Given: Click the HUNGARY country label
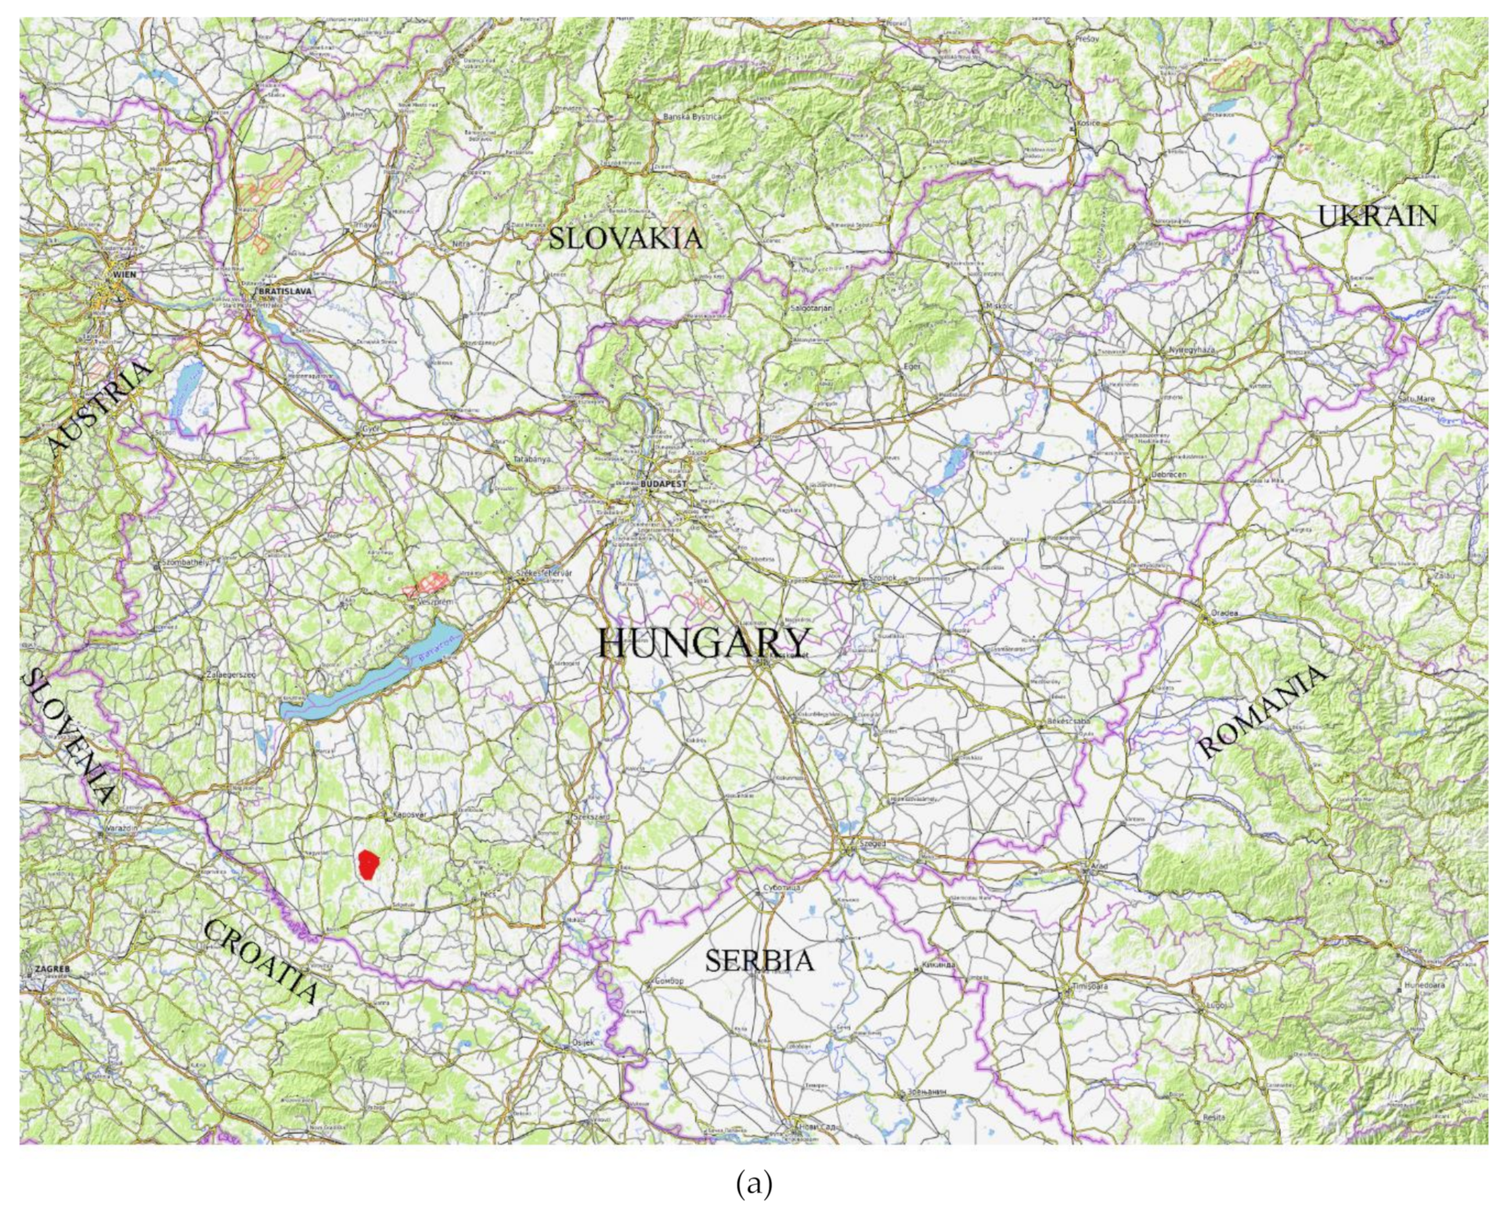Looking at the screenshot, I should [702, 643].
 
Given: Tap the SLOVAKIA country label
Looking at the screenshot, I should [625, 238].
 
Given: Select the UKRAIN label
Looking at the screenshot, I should [1377, 216].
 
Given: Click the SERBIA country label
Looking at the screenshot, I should [759, 960].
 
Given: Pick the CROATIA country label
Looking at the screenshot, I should [261, 961].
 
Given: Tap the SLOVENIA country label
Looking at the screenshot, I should [69, 736].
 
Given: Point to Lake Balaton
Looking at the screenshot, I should [368, 678].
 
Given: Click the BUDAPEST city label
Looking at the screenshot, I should [662, 484].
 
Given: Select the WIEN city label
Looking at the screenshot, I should [124, 275].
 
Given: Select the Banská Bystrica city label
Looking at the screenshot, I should [693, 117].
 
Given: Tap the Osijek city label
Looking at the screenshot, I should [583, 1042].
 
